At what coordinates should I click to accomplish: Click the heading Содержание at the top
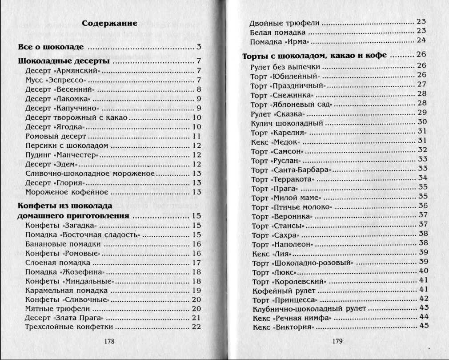pos(109,23)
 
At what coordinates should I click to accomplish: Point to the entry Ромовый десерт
pos(53,136)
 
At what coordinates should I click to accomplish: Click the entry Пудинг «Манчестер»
pos(61,155)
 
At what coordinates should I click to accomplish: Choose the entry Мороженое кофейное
pos(67,192)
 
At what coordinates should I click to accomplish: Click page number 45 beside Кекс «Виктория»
pos(423,326)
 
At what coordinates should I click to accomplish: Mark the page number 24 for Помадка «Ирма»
pos(421,40)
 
